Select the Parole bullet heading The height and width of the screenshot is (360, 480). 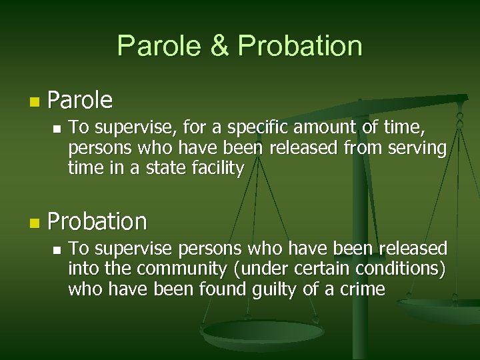pos(81,101)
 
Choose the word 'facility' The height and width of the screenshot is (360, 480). pos(211,168)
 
